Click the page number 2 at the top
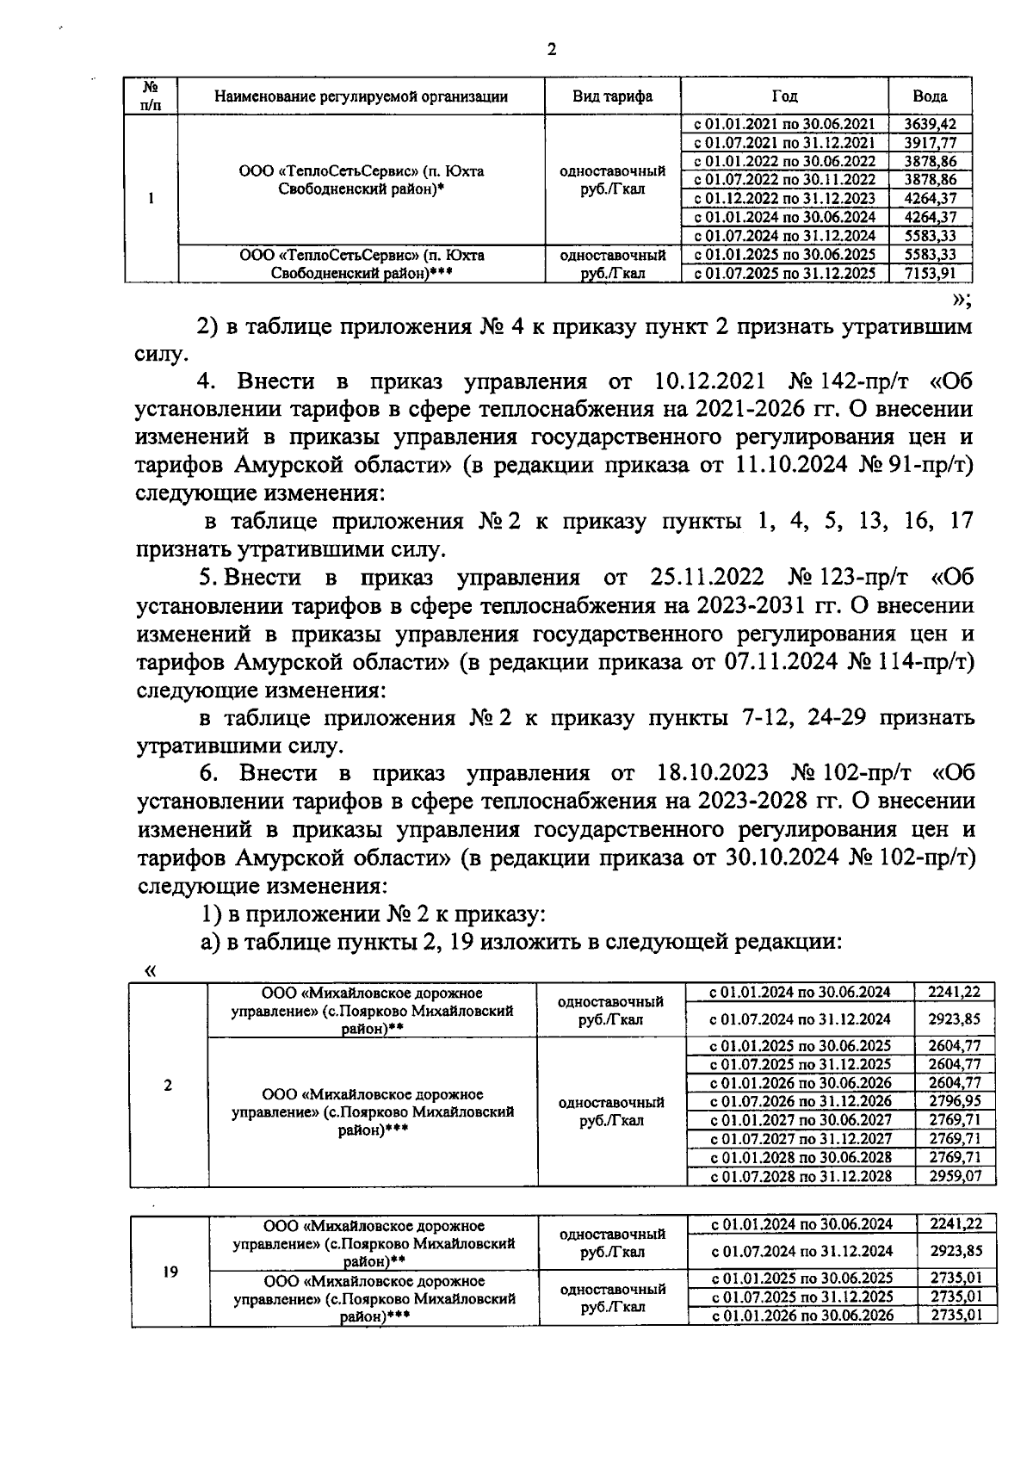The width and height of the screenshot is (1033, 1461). point(551,50)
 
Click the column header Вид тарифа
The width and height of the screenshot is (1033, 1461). point(612,96)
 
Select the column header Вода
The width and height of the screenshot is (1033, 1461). point(930,96)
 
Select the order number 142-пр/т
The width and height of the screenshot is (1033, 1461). point(869,381)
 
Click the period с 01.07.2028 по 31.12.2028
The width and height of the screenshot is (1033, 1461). point(800,1176)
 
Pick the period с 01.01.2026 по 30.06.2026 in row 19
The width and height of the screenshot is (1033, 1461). point(801,1316)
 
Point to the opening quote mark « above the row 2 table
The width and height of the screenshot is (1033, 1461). point(152,971)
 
